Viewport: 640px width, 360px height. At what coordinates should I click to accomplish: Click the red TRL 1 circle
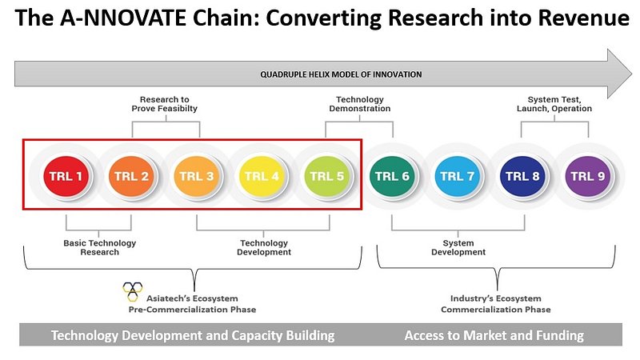(66, 176)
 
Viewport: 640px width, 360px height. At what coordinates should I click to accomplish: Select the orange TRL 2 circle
(131, 176)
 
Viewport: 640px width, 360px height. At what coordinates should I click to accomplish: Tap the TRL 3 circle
(196, 176)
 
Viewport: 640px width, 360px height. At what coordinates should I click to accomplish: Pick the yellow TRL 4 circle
(262, 176)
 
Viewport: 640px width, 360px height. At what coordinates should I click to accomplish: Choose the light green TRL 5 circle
(327, 176)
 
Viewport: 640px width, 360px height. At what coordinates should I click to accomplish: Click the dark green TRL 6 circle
(392, 176)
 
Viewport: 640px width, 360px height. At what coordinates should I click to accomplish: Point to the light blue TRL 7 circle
(457, 176)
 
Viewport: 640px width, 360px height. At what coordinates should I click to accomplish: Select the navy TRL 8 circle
(522, 176)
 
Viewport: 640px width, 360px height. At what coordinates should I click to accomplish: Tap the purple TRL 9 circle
(588, 176)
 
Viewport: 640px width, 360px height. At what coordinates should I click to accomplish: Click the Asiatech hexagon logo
(133, 291)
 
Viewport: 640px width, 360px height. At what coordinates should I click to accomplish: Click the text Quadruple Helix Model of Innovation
(341, 74)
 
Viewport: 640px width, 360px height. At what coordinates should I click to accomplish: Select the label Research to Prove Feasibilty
(165, 104)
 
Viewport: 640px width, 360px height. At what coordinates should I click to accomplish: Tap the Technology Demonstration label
(359, 104)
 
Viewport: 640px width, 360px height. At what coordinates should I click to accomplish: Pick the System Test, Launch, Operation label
(554, 104)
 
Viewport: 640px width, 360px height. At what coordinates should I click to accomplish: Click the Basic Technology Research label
(99, 247)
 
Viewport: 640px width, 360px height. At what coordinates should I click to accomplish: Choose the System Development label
(458, 247)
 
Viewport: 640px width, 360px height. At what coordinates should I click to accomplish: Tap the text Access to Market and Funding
(494, 335)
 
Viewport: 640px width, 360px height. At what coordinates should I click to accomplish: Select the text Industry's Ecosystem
(495, 298)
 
